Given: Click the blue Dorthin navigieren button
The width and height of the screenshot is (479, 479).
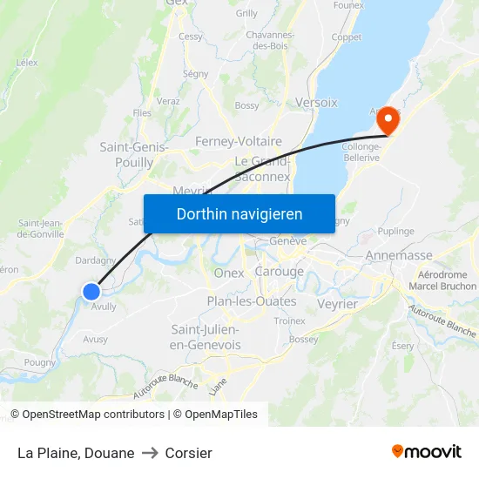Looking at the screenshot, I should (x=239, y=213).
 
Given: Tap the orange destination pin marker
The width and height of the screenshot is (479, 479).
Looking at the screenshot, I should (x=385, y=121).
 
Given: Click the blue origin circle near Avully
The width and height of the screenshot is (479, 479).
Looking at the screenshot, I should (x=91, y=292).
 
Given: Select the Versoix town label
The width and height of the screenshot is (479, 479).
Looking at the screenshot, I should (x=316, y=102).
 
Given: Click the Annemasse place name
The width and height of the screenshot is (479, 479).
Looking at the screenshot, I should (x=399, y=255).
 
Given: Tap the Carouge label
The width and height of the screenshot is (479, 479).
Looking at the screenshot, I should (x=279, y=272).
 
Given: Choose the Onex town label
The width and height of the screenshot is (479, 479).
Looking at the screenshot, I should (x=229, y=273).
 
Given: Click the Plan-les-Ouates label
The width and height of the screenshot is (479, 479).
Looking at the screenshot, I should (x=252, y=301).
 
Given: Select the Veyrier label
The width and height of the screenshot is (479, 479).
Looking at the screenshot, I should (x=337, y=304).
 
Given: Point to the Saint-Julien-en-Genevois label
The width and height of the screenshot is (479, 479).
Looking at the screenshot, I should (x=206, y=337).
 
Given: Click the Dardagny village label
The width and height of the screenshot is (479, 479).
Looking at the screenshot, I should (x=96, y=260).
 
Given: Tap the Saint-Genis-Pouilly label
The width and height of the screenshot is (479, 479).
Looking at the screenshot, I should (x=134, y=155).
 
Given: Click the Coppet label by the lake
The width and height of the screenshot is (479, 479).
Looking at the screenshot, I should (x=346, y=37).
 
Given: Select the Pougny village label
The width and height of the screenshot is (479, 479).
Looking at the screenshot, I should (x=40, y=362).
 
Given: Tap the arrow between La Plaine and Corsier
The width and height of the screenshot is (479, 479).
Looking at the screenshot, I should (x=150, y=453).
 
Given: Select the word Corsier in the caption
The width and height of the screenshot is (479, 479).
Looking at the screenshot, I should (x=188, y=453).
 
